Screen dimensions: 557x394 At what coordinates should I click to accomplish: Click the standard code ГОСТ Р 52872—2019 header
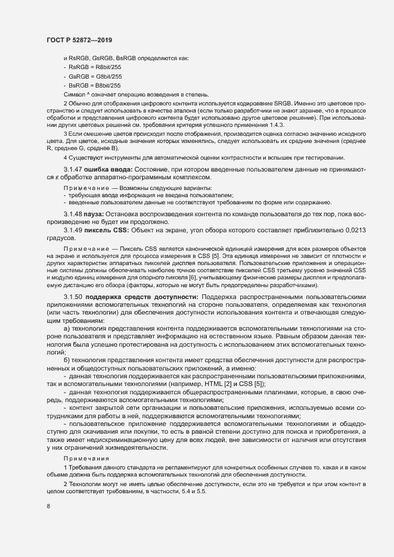79,39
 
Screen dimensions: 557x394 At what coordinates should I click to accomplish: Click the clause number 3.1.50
73,296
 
